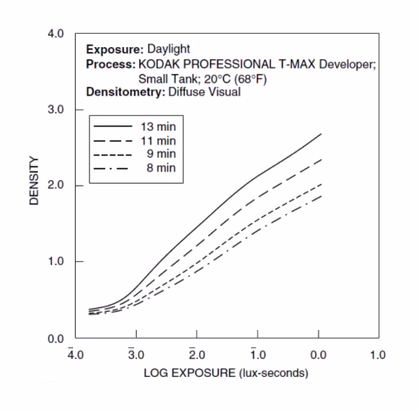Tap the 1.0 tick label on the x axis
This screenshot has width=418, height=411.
(377, 355)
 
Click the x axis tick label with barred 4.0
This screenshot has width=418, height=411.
(74, 355)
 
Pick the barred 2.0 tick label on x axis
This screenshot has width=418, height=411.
(195, 355)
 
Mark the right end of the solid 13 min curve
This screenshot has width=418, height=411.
(321, 134)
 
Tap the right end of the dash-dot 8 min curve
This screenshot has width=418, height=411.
(321, 196)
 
